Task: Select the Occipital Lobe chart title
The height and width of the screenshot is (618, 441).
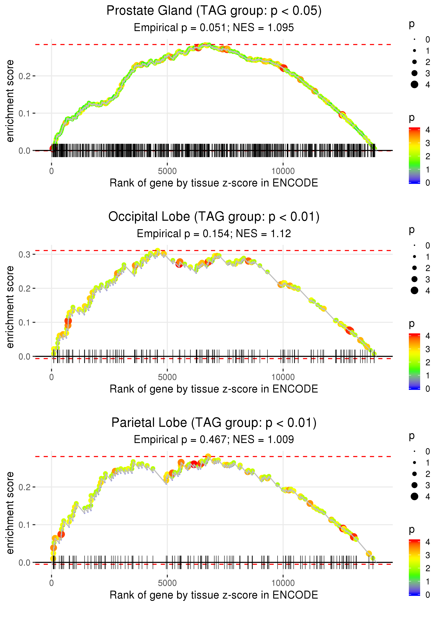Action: (x=214, y=217)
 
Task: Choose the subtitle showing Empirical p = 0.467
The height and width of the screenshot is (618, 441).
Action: (x=214, y=440)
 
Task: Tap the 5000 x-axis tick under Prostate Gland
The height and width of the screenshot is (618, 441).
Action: (x=167, y=171)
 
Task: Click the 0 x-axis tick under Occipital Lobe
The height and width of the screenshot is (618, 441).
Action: (x=52, y=377)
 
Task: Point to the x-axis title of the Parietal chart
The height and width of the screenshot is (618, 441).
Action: (x=214, y=595)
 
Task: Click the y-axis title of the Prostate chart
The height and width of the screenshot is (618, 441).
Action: (x=10, y=101)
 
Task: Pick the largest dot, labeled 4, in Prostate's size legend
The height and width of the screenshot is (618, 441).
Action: (x=414, y=85)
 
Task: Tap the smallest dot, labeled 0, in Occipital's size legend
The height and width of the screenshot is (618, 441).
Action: (x=414, y=245)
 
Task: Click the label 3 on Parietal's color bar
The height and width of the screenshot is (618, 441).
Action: (x=428, y=555)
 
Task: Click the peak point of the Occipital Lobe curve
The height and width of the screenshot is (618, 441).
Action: (x=158, y=251)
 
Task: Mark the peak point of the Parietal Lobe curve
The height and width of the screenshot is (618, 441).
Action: (x=208, y=456)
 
